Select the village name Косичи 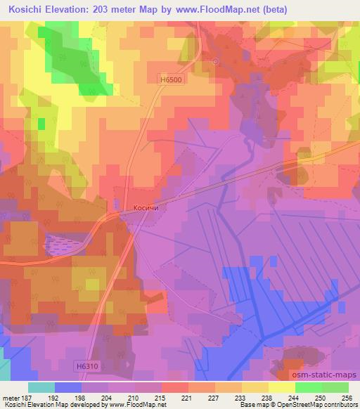[148, 208]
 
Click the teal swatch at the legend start [41, 387]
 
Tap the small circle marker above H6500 [215, 62]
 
